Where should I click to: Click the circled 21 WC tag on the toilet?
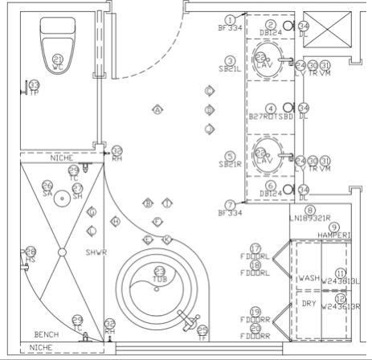tap(57, 59)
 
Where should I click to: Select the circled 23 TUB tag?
tap(159, 273)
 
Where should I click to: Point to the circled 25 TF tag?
tap(202, 331)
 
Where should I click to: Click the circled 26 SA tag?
tap(47, 188)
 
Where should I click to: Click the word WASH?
tap(309, 278)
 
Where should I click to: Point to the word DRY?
tap(309, 303)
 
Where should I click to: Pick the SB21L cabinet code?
tap(230, 69)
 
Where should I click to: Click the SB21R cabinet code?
tap(230, 164)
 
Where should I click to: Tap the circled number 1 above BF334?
tap(231, 19)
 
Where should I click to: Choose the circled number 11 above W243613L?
tap(340, 273)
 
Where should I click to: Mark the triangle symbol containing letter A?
tap(158, 109)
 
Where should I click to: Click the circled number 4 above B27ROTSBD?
tap(272, 108)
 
